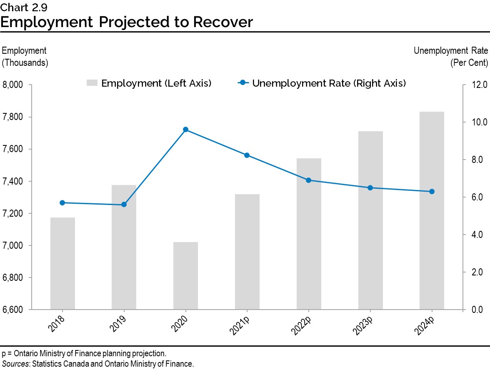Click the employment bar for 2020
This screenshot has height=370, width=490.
pos(185,275)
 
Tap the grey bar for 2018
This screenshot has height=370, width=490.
pos(62,263)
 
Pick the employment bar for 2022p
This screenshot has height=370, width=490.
pos(309,234)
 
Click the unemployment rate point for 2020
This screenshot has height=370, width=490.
pos(185,130)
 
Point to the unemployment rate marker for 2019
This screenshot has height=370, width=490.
pos(124,205)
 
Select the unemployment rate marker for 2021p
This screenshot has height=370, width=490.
pos(247,155)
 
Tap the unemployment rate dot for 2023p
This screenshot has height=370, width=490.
pos(370,188)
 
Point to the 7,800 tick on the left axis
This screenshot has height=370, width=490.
pos(14,117)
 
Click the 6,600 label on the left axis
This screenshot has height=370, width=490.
pos(14,310)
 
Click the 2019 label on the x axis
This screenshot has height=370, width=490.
pos(119,323)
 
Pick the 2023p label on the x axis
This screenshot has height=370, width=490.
pos(364,325)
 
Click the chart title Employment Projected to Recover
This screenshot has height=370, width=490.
pos(127,22)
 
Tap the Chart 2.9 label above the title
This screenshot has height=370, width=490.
pos(23,7)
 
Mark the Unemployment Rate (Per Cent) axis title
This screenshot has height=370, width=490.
pos(450,57)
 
